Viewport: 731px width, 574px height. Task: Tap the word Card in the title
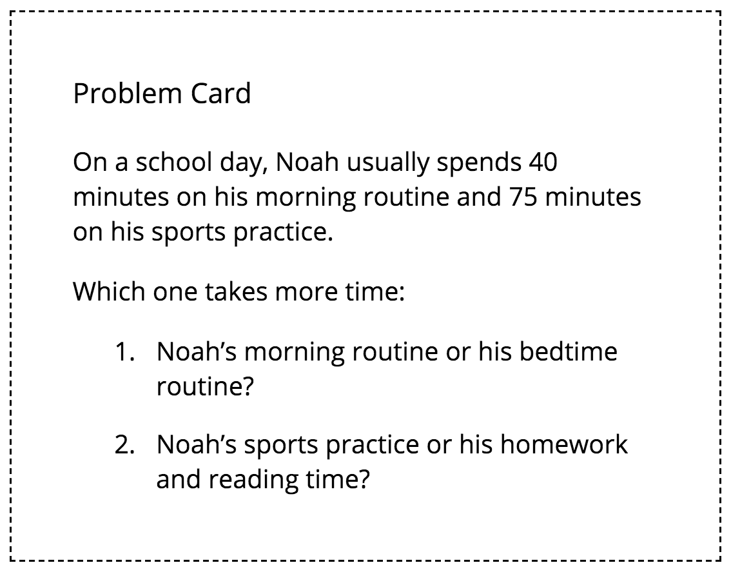coord(220,94)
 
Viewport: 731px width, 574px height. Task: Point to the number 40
coord(541,163)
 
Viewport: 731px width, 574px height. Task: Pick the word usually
coord(387,163)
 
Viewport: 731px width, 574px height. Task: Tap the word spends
coord(478,163)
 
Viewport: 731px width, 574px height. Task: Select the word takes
coord(237,292)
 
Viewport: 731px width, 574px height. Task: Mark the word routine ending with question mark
coord(204,388)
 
